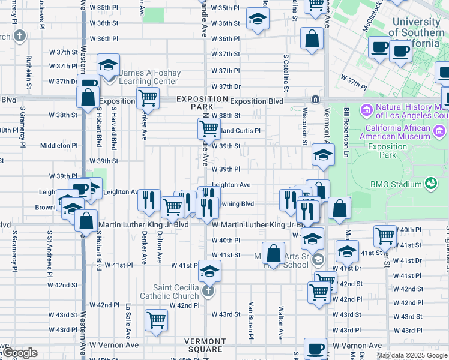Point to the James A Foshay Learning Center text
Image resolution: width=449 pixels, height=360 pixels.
(x=149, y=77)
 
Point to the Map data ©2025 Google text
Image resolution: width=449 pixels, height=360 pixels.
(x=412, y=355)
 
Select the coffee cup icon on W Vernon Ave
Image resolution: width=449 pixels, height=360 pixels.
(x=315, y=349)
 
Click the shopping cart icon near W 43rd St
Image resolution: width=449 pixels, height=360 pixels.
(x=157, y=320)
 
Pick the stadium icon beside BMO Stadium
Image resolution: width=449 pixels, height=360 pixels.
(x=430, y=183)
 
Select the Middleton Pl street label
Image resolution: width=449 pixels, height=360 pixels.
(x=59, y=145)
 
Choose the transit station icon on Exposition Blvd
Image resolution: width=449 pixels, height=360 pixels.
(x=314, y=99)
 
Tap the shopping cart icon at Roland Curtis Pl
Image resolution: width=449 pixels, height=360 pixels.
(x=208, y=128)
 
